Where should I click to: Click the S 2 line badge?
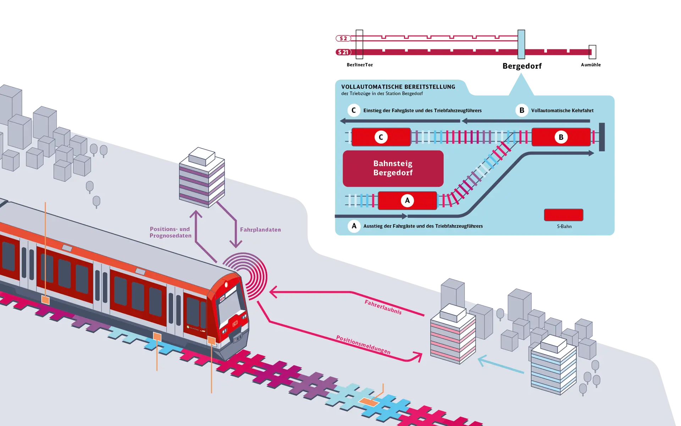(343, 38)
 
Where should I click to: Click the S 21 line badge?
(343, 52)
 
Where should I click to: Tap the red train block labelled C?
(381, 137)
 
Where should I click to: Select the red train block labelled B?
(561, 137)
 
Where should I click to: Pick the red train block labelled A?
(407, 201)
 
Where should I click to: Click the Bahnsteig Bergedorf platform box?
(393, 168)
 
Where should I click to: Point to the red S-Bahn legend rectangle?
(564, 215)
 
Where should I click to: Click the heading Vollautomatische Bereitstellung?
(398, 87)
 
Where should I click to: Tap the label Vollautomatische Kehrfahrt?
(562, 110)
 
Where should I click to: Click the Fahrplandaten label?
(260, 230)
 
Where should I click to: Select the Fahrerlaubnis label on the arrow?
(383, 307)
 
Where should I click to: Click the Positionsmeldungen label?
(363, 345)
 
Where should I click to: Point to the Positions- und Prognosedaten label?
(170, 232)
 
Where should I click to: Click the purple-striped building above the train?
(202, 177)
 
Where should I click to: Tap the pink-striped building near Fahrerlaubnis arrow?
(453, 335)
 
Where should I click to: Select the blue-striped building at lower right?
(553, 366)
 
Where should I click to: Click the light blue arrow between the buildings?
(501, 366)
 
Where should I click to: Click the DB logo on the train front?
(235, 324)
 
